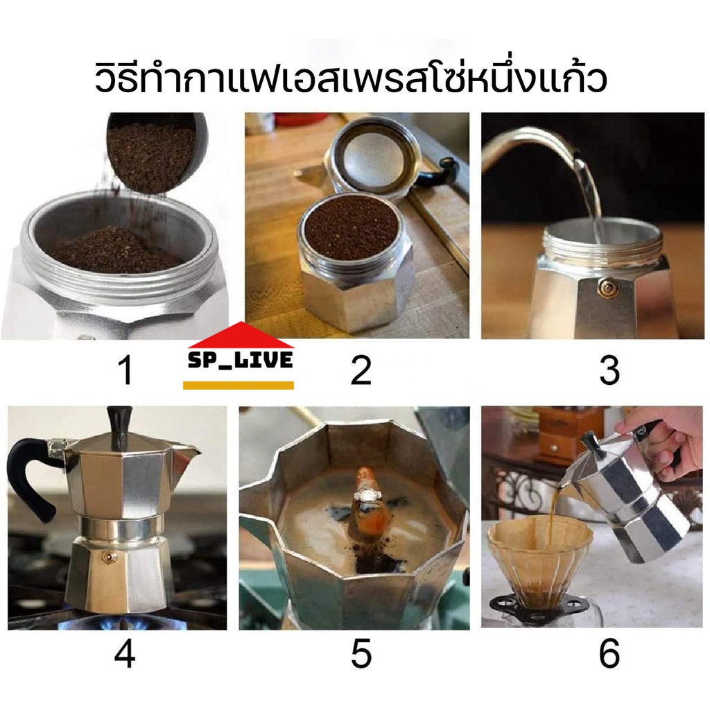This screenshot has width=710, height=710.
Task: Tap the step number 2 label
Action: pyautogui.click(x=361, y=370)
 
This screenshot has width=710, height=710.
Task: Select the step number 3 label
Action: pyautogui.click(x=609, y=370)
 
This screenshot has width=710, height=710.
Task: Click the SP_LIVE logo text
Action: pyautogui.click(x=240, y=360)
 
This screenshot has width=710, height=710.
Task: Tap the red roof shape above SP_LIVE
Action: pyautogui.click(x=241, y=335)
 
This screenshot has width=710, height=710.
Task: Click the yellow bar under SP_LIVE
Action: pyautogui.click(x=239, y=386)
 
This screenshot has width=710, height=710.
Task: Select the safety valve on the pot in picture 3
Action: pyautogui.click(x=605, y=286)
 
